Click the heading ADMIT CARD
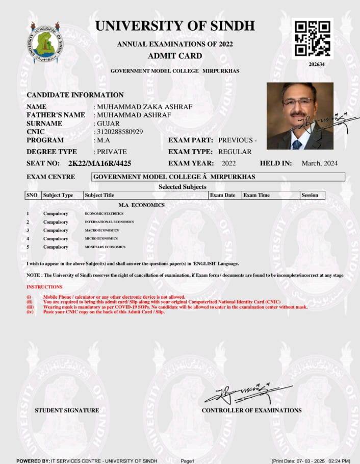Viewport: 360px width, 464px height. coord(175,56)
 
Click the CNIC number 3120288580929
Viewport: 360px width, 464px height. coord(120,132)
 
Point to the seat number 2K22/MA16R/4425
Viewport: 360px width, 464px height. coord(99,163)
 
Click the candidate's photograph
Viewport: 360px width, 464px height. coord(300,116)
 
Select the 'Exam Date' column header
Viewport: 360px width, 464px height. coord(223,195)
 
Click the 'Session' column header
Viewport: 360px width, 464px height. coord(310,195)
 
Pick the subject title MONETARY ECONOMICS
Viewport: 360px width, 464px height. coord(105,247)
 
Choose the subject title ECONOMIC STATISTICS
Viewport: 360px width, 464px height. coord(104,213)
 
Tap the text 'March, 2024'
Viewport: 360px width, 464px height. coord(320,163)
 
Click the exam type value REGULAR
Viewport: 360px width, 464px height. coord(235,152)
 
